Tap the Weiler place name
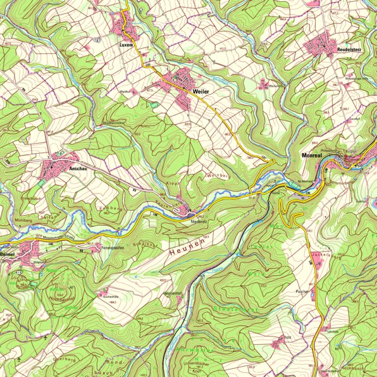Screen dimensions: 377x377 pos(201,92)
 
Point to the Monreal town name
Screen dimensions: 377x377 pos(312,154)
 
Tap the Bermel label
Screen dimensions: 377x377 pos(8,254)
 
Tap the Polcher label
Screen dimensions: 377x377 pos(301,292)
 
